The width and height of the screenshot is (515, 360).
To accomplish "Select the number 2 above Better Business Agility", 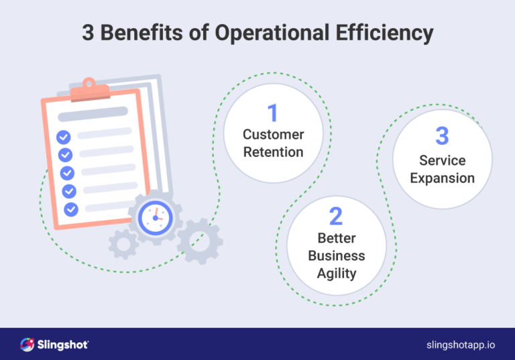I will coord(336,216).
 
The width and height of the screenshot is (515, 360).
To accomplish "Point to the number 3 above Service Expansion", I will coord(442,136).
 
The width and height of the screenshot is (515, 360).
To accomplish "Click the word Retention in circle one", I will coord(273,152).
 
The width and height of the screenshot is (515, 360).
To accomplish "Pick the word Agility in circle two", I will coord(336,274).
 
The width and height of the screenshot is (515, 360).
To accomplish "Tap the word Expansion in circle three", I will coord(442,178).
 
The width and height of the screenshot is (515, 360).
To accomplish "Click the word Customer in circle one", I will coord(273,135).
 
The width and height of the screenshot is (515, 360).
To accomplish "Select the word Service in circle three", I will coord(442,160).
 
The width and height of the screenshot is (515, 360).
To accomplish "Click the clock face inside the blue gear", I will coord(155,217).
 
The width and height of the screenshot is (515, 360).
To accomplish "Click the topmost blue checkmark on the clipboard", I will coord(63,137).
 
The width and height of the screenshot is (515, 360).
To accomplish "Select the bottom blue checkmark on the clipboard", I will coord(71,209).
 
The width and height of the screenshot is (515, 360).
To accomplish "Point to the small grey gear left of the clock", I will coord(123,244).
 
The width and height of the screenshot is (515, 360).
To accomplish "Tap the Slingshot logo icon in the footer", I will coord(28,345).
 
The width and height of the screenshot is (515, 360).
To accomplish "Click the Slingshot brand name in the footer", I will coord(65,345).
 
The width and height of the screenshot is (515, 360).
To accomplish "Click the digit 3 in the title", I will coord(87,33).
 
